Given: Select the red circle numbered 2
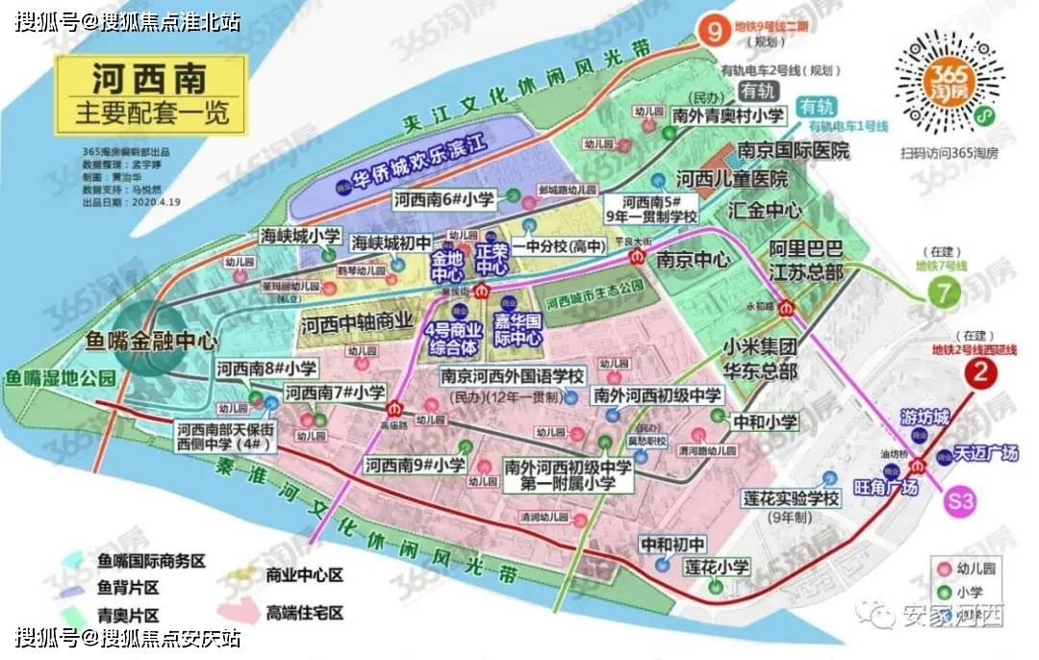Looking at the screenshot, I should click(x=980, y=374).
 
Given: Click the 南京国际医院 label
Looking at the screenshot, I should click(x=794, y=151).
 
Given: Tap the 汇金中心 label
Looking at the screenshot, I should click(x=766, y=208).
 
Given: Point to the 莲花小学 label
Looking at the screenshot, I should click(x=716, y=567).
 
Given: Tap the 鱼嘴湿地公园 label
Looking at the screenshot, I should click(x=60, y=378).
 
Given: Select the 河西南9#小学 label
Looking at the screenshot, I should click(x=415, y=465).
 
